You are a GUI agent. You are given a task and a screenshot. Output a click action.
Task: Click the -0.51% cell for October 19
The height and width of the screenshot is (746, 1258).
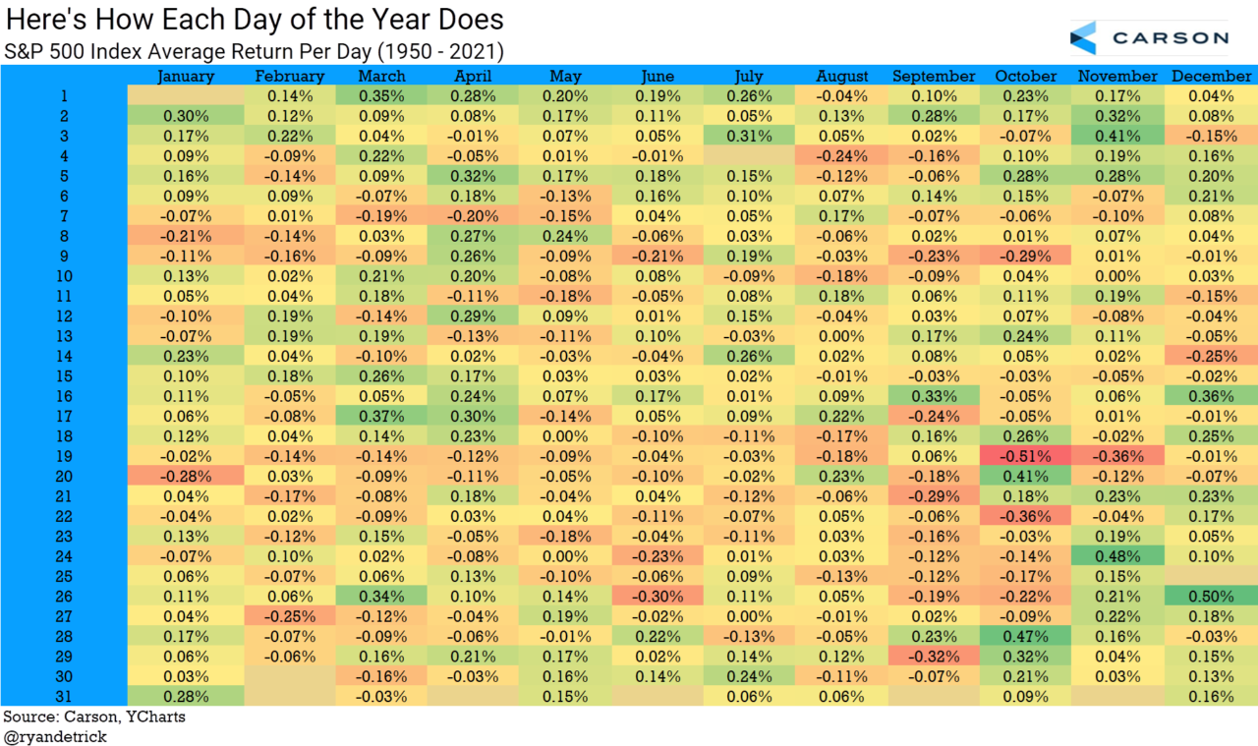coord(1024,456)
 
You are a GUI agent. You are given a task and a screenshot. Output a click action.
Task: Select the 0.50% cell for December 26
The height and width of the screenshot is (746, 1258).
coord(1211,597)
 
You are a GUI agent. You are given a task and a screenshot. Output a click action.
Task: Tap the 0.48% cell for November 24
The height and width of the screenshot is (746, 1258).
coord(1116,556)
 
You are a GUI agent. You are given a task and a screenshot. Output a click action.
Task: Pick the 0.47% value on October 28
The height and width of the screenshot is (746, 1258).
coord(1024,637)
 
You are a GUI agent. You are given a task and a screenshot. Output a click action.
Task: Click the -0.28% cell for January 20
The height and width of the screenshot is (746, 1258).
coord(186,477)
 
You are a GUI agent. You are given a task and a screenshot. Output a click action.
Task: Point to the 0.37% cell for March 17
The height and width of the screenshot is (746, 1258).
coord(381,417)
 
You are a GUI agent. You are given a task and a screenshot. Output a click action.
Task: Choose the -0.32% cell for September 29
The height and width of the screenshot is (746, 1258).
coord(933,657)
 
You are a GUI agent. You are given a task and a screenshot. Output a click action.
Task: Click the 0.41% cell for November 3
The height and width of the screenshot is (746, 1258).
coord(1116,136)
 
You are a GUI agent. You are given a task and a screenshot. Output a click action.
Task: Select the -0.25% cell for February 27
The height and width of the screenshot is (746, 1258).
coord(289,616)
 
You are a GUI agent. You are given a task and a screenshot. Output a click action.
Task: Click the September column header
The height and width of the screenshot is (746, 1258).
coord(933,76)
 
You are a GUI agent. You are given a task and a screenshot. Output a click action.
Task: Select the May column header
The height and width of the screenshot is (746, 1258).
coord(565,76)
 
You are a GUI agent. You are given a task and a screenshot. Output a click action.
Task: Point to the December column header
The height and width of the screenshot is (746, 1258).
coord(1211,76)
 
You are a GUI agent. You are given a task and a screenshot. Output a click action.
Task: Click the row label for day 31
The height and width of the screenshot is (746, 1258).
coord(64,697)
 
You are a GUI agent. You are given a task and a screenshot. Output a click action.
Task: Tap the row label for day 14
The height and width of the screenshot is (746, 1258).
coord(64,356)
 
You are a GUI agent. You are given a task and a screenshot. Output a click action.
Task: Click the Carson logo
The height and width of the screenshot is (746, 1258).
coord(1149,38)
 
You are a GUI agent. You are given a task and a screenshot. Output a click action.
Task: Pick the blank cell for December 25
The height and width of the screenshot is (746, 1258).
coord(1211,577)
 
